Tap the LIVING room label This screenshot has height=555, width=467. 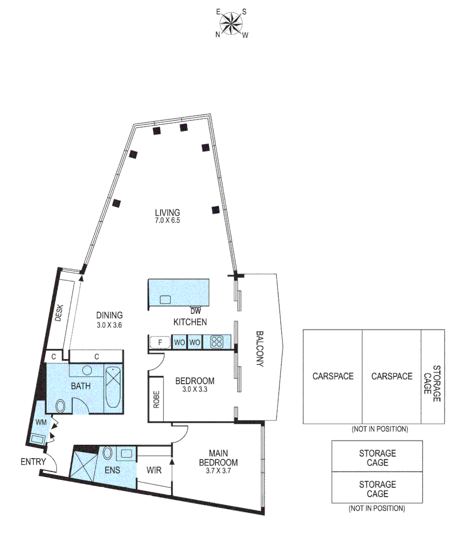coord(167,216)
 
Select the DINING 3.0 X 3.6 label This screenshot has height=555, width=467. coord(109,320)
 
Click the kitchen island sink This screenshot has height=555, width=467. coord(165,300)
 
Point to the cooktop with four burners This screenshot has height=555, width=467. coord(216,342)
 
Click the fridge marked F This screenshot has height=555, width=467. coord(159,342)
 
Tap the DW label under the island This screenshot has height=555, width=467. coord(195,311)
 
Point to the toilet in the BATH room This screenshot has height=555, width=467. coord(60,406)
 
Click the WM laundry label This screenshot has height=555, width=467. coord(41,422)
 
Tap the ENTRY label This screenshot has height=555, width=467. coord(33,461)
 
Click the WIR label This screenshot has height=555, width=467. coord(154,469)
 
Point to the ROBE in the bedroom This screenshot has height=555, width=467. coord(156,399)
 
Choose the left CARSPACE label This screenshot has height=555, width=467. coord(333,376)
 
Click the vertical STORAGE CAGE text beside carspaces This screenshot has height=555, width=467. coord(433,380)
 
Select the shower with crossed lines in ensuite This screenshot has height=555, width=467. coord(83,465)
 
